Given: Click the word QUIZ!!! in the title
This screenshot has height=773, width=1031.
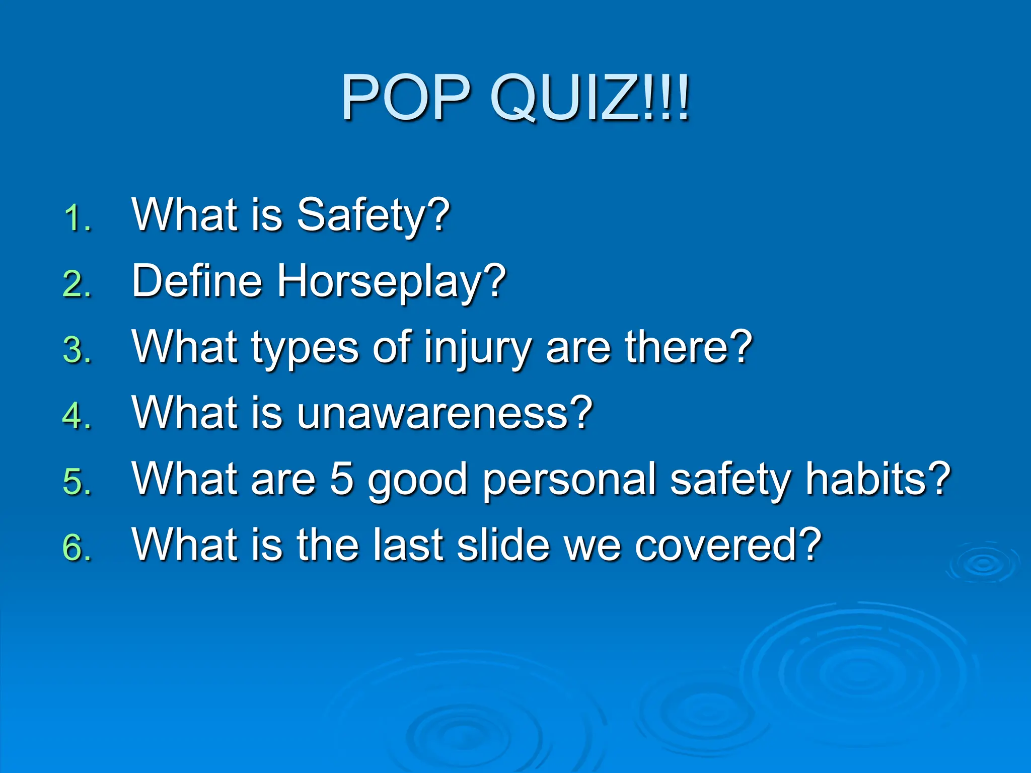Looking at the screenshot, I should (x=589, y=98).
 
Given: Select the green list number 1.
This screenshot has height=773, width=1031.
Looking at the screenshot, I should (x=78, y=219).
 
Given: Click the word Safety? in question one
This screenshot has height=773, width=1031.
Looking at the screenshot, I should (x=373, y=215).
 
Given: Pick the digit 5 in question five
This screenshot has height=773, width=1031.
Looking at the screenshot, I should (x=342, y=479).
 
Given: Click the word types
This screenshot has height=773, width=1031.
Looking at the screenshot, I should (x=305, y=348).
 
